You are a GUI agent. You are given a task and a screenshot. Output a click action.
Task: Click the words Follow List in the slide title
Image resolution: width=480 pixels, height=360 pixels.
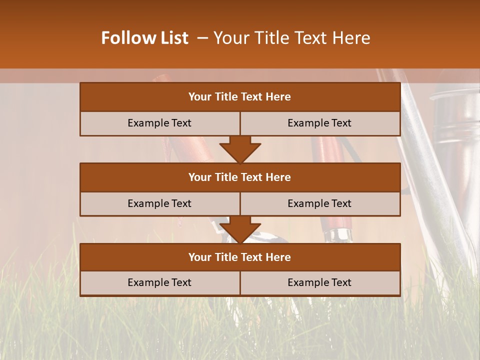(144, 38)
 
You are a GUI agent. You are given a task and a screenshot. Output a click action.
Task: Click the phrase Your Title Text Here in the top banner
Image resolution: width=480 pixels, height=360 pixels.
(292, 38)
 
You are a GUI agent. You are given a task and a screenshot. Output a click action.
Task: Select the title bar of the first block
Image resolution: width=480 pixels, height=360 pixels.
(240, 97)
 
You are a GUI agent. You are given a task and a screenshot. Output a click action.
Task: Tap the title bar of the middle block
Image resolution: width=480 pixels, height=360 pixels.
(240, 177)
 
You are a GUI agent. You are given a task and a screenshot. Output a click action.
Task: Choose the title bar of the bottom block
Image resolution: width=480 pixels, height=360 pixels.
(240, 257)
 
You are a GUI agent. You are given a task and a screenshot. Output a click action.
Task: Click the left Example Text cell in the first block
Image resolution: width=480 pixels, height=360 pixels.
(159, 123)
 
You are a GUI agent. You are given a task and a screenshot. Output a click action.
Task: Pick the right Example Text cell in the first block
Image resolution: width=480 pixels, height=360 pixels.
(319, 123)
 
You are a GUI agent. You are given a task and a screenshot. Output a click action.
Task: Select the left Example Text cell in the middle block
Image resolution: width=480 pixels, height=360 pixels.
(159, 203)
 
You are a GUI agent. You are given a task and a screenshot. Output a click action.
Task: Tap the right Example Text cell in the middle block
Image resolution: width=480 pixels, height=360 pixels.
(319, 203)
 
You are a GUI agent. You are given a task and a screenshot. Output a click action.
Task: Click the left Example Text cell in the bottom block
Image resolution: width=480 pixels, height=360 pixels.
(159, 282)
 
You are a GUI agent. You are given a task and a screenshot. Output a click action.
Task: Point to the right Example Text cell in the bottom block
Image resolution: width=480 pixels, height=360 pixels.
(319, 282)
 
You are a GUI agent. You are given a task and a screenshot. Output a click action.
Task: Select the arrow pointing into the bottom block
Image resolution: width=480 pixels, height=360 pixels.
(240, 229)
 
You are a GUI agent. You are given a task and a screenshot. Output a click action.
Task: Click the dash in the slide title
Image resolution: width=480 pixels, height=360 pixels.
(203, 38)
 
